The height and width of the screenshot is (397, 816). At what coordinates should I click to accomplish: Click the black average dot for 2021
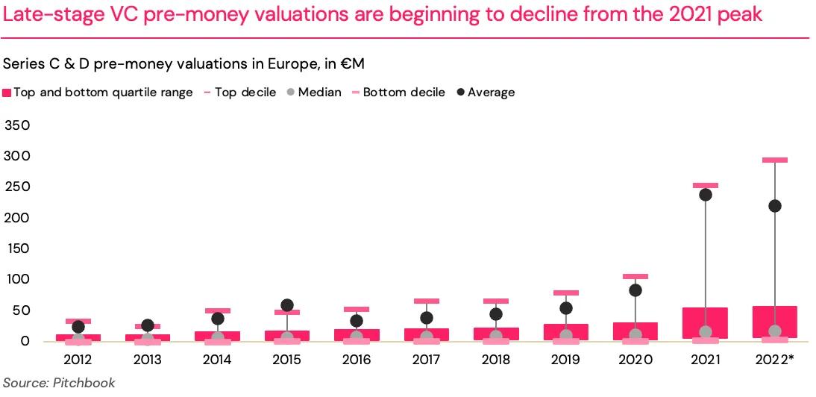coord(705,195)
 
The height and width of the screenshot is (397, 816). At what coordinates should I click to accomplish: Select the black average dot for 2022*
coord(775,206)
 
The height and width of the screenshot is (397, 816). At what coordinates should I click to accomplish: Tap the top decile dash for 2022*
coord(775,160)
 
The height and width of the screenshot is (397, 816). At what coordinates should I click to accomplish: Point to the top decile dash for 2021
coord(705,185)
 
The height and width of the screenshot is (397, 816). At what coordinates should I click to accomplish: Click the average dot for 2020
coord(635,290)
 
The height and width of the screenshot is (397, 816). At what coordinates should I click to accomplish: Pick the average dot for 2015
coord(287,305)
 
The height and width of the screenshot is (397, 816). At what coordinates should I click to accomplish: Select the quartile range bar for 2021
coord(705,322)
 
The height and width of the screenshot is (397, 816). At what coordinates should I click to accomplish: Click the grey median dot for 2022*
coord(775,331)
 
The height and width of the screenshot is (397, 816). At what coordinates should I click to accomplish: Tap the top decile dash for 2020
coord(635,276)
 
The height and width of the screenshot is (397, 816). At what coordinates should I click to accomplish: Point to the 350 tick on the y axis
coord(17,125)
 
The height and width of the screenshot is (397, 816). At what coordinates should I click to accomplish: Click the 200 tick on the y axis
coord(17,218)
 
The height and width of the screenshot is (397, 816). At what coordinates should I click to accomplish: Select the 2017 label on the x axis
coord(427,360)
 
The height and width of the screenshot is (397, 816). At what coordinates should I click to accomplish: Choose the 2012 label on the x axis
coord(78,360)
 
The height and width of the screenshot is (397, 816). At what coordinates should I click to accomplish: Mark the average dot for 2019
coord(566,308)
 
